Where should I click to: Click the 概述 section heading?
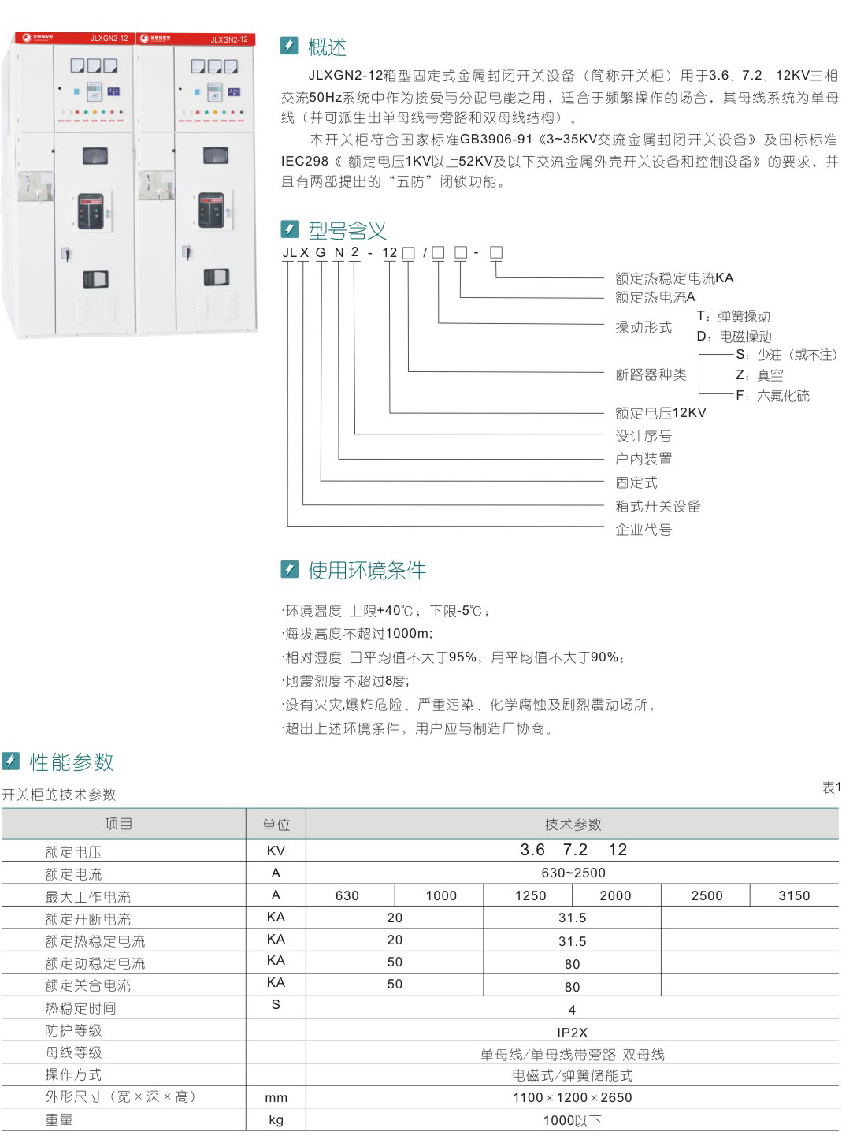tap(326, 47)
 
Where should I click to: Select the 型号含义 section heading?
tap(347, 230)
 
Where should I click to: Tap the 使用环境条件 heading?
tap(366, 570)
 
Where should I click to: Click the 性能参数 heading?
tap(72, 762)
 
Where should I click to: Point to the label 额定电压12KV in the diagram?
tap(660, 413)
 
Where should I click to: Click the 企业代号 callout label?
tap(643, 530)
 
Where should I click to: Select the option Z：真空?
tap(759, 375)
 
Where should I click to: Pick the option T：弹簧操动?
tap(733, 316)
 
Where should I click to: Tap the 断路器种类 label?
tap(651, 375)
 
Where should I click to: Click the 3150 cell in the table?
tap(794, 895)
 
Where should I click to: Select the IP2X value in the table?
tap(572, 1033)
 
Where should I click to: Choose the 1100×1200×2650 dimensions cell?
tap(572, 1097)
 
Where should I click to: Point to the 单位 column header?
tap(276, 825)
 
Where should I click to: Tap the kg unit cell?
tap(276, 1120)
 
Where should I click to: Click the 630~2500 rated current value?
tap(573, 873)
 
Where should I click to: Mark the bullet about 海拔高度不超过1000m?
tap(358, 634)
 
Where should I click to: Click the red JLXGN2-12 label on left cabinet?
tap(109, 39)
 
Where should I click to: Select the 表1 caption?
tap(831, 787)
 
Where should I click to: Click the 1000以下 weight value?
tap(572, 1120)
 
